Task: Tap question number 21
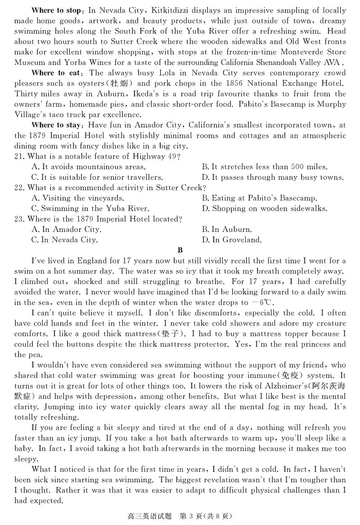20,156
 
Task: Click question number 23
20,219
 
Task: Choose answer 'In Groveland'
232,240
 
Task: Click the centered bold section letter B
180,250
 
